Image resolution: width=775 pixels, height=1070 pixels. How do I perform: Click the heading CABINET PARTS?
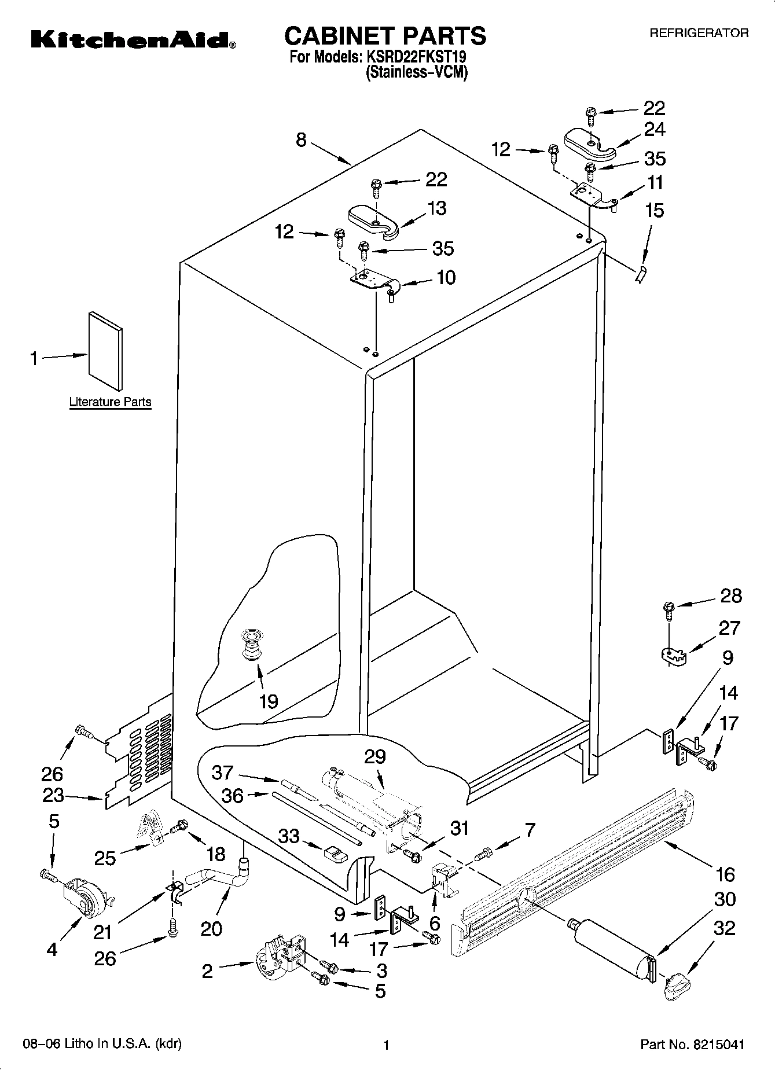pyautogui.click(x=385, y=36)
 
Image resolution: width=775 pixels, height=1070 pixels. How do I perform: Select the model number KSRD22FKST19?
pyautogui.click(x=414, y=58)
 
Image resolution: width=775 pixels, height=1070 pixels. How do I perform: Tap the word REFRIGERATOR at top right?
pyautogui.click(x=699, y=34)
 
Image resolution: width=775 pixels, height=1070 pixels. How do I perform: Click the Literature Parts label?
pyautogui.click(x=110, y=402)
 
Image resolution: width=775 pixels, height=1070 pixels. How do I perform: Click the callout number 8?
pyautogui.click(x=301, y=140)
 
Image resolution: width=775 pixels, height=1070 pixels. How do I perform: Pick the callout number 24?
pyautogui.click(x=654, y=129)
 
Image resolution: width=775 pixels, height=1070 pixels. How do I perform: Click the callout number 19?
pyautogui.click(x=269, y=701)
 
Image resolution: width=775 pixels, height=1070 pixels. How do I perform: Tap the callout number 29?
pyautogui.click(x=375, y=756)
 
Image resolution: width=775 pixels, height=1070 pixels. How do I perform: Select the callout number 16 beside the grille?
pyautogui.click(x=725, y=874)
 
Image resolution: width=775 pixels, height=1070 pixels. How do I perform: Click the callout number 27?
pyautogui.click(x=729, y=628)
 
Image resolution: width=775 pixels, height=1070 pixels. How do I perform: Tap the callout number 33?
pyautogui.click(x=289, y=836)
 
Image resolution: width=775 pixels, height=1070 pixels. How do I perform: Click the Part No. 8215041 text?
pyautogui.click(x=692, y=1045)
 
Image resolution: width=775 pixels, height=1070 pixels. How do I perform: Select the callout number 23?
pyautogui.click(x=53, y=795)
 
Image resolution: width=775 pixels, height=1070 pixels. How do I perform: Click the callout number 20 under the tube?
pyautogui.click(x=211, y=928)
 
